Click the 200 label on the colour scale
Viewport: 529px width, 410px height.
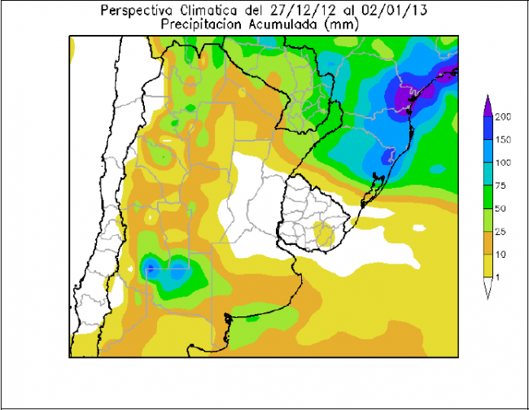(502, 117)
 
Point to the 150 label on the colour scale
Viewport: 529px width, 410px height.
(502, 140)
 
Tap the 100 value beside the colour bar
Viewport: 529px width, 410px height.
(502, 163)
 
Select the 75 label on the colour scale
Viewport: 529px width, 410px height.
(501, 185)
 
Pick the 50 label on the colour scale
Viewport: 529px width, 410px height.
(501, 209)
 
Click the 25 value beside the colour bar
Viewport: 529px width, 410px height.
(501, 232)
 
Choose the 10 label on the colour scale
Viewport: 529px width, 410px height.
(501, 255)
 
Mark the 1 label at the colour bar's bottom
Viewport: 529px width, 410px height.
(498, 278)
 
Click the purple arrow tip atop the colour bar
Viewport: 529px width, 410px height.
(487, 102)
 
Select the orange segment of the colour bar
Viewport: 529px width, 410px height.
(487, 243)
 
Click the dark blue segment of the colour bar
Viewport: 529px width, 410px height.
(487, 129)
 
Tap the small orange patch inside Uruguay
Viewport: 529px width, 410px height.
(324, 236)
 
